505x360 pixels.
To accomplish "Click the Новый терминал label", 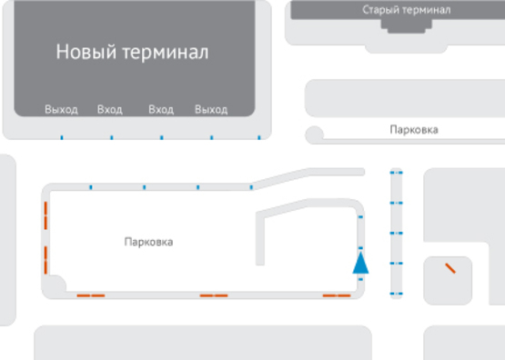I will point(132,52).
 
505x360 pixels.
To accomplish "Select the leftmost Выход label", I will point(61,110).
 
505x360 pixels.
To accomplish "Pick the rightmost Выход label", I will point(211,110).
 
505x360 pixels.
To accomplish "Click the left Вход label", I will point(109,110).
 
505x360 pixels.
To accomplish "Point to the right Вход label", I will point(161,110).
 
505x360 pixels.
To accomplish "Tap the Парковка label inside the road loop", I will point(148,243).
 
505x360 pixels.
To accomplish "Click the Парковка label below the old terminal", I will point(413,130).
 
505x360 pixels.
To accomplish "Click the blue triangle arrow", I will point(361,264).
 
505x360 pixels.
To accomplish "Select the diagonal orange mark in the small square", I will point(449,268).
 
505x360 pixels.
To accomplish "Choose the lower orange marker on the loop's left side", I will point(45,259).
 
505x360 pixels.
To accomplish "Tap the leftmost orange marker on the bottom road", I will point(90,295).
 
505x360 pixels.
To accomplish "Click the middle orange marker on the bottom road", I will point(213,295).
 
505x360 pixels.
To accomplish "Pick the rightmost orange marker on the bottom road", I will point(337,295).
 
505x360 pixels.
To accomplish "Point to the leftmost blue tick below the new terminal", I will point(61,138).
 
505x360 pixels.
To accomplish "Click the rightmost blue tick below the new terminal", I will point(259,138).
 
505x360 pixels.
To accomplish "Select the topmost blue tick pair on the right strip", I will point(396,171).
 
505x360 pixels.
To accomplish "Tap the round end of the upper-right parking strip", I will point(315,135).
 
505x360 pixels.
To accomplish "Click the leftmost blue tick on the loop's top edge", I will point(91,187).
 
